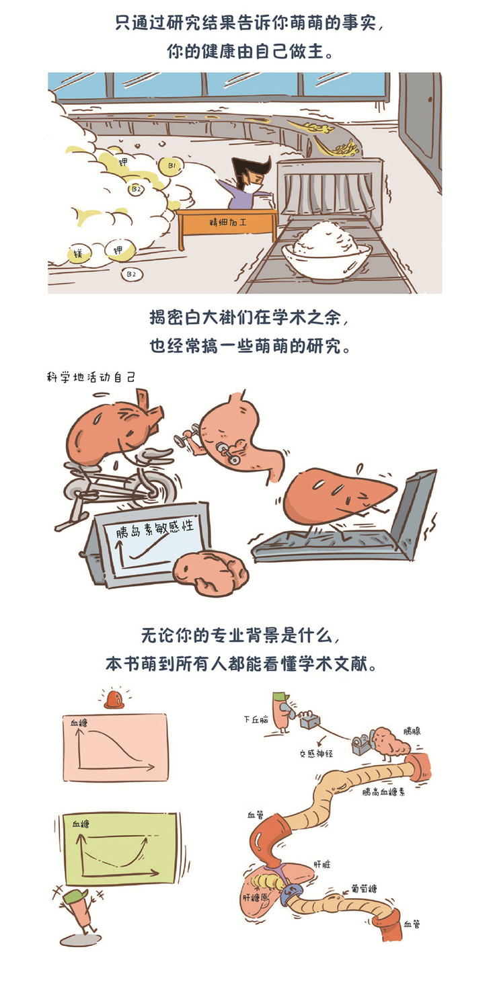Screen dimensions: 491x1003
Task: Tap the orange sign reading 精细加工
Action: click(227, 223)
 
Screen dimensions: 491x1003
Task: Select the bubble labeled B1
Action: click(172, 166)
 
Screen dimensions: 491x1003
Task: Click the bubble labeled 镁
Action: click(79, 254)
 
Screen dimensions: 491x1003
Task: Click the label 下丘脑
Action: click(256, 720)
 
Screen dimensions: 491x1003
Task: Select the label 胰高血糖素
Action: click(384, 792)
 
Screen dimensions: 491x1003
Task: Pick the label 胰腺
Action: click(412, 731)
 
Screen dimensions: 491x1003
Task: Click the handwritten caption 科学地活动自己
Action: click(91, 377)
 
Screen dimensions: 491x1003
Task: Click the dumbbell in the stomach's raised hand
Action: click(184, 438)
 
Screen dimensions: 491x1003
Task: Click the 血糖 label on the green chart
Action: click(81, 823)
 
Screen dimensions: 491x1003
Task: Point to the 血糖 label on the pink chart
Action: click(79, 722)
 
